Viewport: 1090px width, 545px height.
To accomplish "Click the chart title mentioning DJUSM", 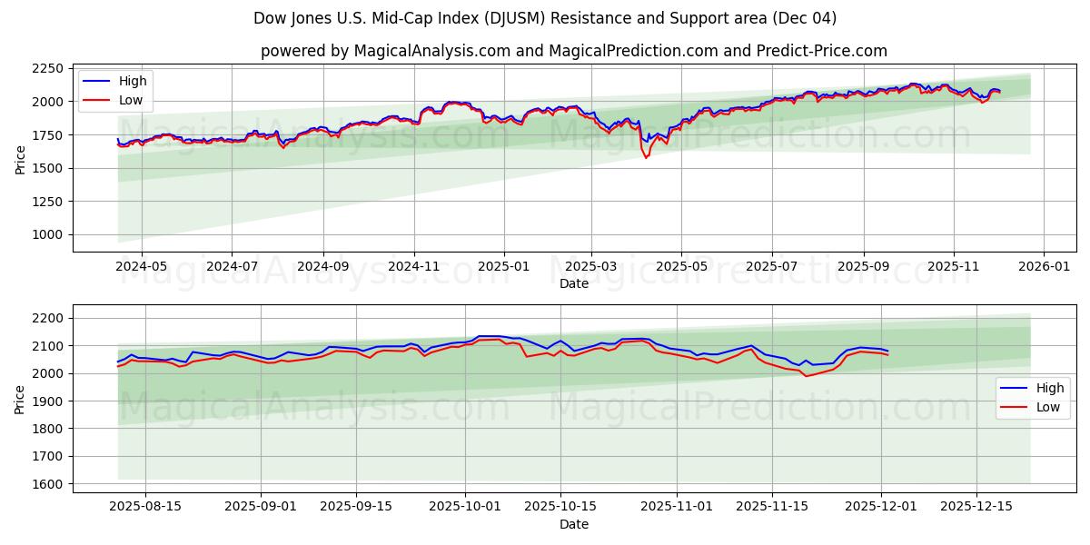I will tap(545, 18).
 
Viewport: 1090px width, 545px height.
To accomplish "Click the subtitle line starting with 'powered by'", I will tap(573, 51).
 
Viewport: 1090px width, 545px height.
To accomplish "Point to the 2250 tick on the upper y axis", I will tap(46, 69).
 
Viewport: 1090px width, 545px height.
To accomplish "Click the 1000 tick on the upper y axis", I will tap(46, 234).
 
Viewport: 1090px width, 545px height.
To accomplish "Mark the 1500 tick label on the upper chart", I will tap(46, 168).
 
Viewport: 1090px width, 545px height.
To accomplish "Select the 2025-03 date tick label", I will tap(591, 267).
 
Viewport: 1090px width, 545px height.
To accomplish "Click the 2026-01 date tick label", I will tap(1043, 267).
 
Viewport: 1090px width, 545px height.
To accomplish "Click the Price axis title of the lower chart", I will tap(20, 399).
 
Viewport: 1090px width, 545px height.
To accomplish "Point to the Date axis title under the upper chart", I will tap(573, 283).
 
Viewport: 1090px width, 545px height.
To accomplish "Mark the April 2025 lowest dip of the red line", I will tap(646, 158).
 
